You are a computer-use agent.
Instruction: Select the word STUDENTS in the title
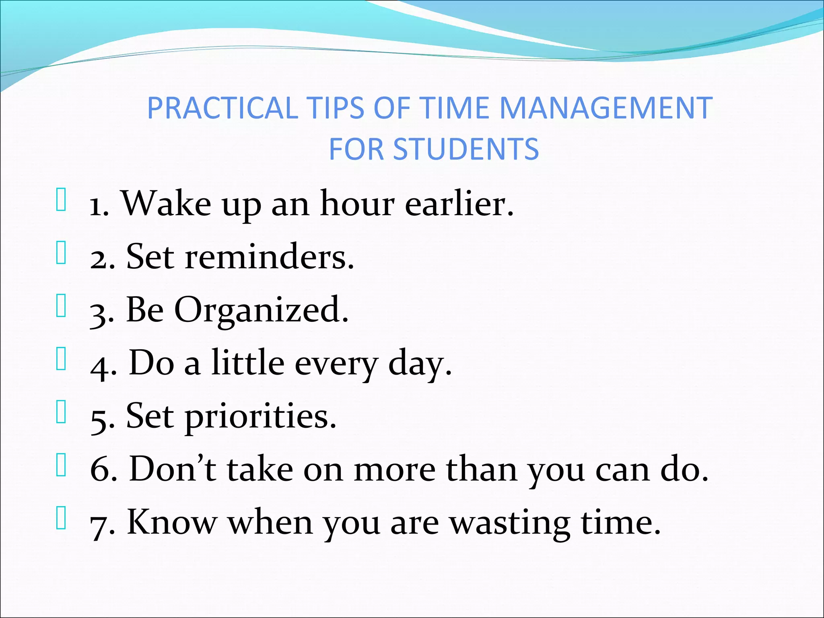[466, 149]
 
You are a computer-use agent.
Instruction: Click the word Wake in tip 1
[166, 204]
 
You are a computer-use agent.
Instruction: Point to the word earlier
[459, 204]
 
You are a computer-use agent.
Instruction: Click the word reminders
[269, 257]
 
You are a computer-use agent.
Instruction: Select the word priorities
[260, 416]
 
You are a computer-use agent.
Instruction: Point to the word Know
[172, 522]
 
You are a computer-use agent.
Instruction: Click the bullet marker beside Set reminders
[61, 253]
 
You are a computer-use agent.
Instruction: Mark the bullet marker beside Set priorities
[61, 412]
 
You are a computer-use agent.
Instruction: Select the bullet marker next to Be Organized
[61, 306]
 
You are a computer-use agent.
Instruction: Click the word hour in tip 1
[357, 204]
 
